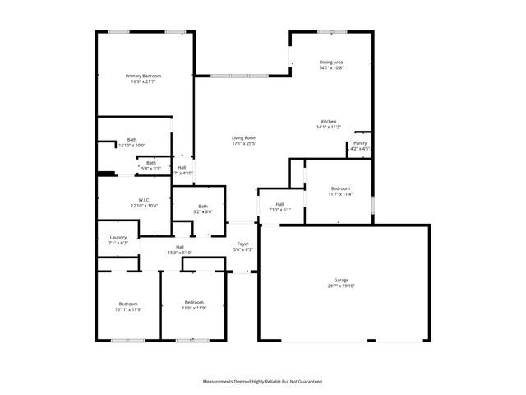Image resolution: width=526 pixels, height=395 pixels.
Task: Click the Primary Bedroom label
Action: [x=141, y=76]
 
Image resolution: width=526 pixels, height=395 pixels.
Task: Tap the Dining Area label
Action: [x=330, y=63]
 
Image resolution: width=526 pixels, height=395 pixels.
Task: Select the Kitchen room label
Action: [x=328, y=121]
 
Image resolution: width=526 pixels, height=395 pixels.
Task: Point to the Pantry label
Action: [x=360, y=143]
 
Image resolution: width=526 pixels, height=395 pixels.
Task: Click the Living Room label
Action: [x=243, y=137]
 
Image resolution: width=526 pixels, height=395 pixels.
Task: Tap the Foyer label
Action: [x=243, y=244]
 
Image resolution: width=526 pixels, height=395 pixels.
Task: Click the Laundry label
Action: [x=118, y=238]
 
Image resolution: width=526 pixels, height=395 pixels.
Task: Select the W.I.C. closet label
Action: [x=143, y=200]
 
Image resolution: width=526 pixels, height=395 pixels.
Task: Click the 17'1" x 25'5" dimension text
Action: [x=243, y=143]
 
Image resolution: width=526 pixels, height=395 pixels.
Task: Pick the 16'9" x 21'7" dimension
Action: [x=141, y=81]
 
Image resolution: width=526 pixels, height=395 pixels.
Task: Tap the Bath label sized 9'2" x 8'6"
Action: [x=202, y=206]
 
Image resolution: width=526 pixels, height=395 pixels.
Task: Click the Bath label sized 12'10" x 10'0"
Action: [x=131, y=140]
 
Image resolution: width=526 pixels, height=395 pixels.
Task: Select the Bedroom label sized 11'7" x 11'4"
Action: [x=340, y=188]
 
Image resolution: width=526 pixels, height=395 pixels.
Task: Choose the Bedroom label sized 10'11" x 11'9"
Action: [x=127, y=304]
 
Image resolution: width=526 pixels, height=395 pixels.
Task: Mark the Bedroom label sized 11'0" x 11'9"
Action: [x=194, y=302]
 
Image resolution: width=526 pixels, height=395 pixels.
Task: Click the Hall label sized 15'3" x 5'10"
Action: [x=179, y=247]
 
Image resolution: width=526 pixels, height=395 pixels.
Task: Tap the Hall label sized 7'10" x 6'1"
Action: [x=279, y=204]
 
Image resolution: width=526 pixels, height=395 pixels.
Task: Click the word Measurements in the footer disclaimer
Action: [x=223, y=382]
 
